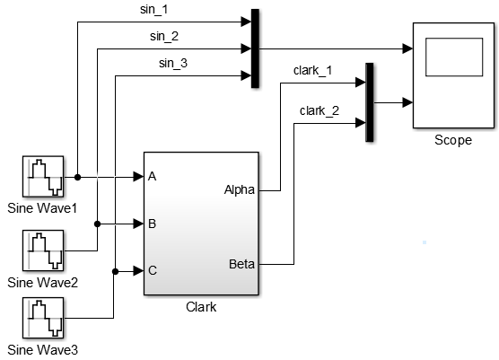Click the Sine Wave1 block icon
click(x=43, y=177)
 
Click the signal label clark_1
click(x=313, y=69)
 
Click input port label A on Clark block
click(x=153, y=177)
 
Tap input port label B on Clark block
click(x=153, y=223)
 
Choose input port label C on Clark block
click(x=153, y=269)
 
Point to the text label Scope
click(x=451, y=140)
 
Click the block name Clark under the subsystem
click(x=200, y=306)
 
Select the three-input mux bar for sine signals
click(x=255, y=49)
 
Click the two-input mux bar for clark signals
click(x=369, y=102)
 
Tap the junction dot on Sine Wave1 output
click(x=77, y=177)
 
